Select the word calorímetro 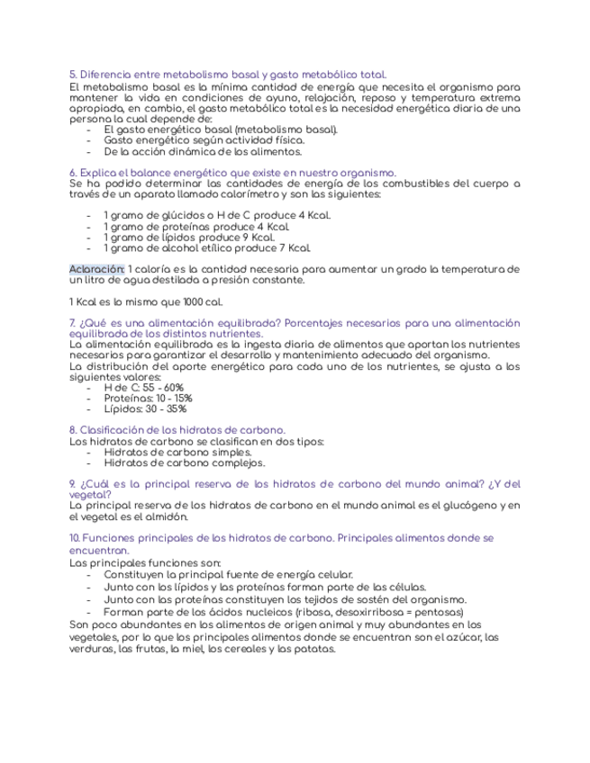[271, 194]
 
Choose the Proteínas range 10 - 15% [170, 398]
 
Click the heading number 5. [72, 74]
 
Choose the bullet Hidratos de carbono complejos [184, 463]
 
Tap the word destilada [182, 280]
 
